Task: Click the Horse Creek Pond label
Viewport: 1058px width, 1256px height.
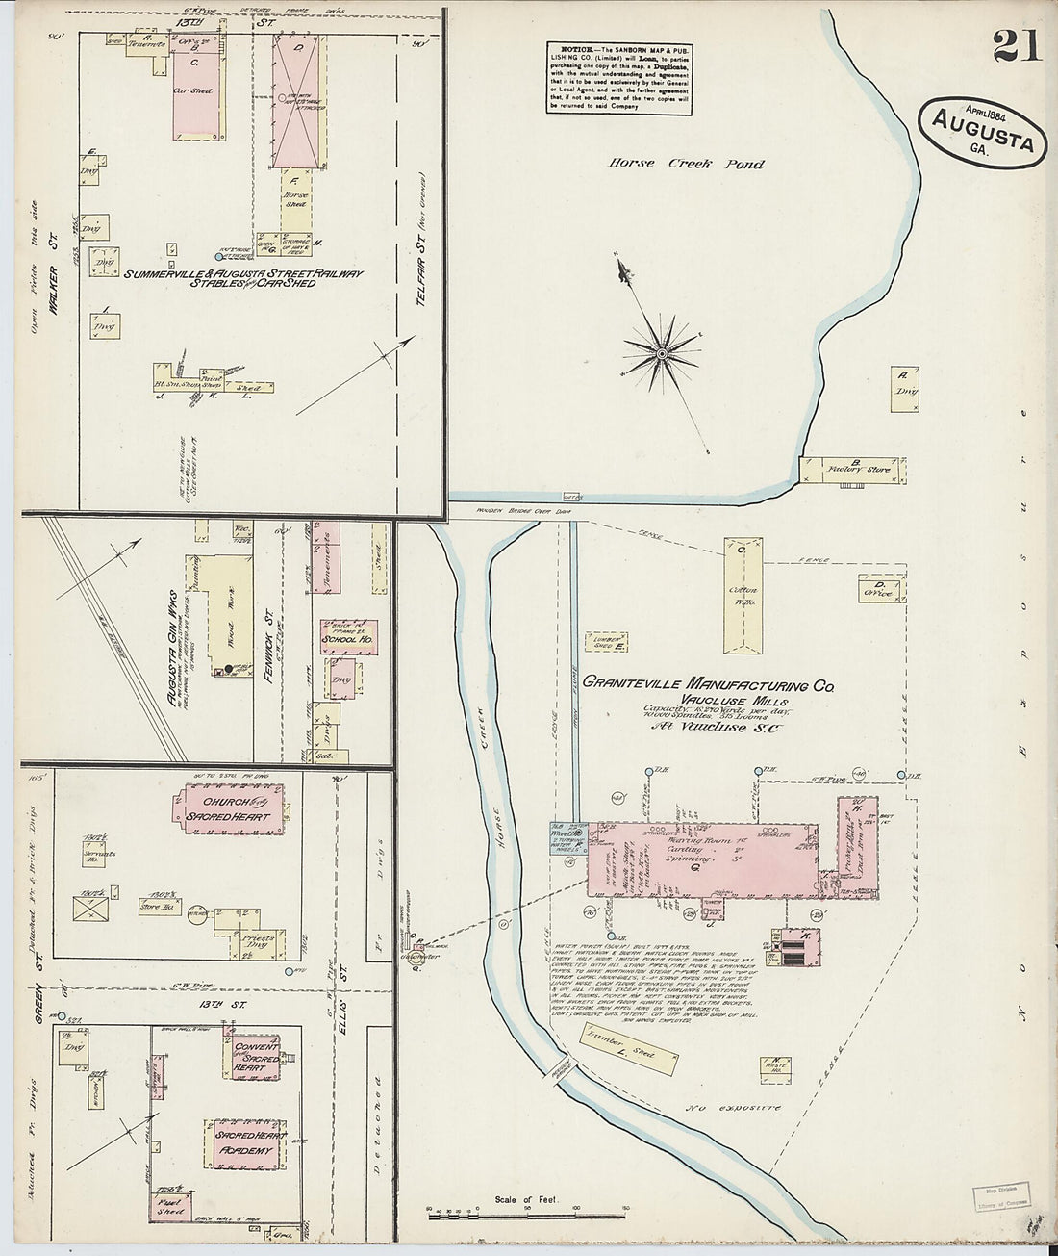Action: (x=686, y=164)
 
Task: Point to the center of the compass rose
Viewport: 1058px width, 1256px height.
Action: (x=662, y=354)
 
